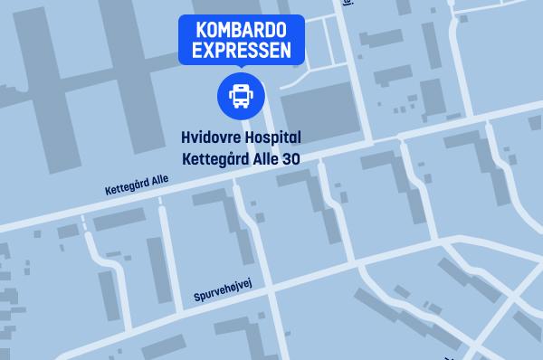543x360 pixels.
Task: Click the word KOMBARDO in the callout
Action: tap(241, 30)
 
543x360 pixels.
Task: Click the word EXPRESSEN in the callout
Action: tap(241, 51)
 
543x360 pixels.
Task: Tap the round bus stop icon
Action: tap(241, 93)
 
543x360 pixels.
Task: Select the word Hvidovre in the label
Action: tap(211, 138)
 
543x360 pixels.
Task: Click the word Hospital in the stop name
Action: tap(271, 138)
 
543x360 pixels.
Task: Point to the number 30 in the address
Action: tap(289, 159)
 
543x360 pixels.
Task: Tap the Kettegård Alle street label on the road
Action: tap(137, 184)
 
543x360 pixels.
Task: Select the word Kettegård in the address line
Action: tap(214, 159)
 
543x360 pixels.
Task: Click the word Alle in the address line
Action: tap(260, 159)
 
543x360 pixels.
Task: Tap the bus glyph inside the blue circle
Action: tap(241, 93)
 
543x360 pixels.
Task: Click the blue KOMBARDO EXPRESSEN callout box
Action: tap(241, 40)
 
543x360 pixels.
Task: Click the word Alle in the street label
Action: tap(159, 179)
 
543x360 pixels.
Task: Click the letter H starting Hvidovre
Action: tap(186, 138)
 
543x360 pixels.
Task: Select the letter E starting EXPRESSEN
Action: tap(194, 51)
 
